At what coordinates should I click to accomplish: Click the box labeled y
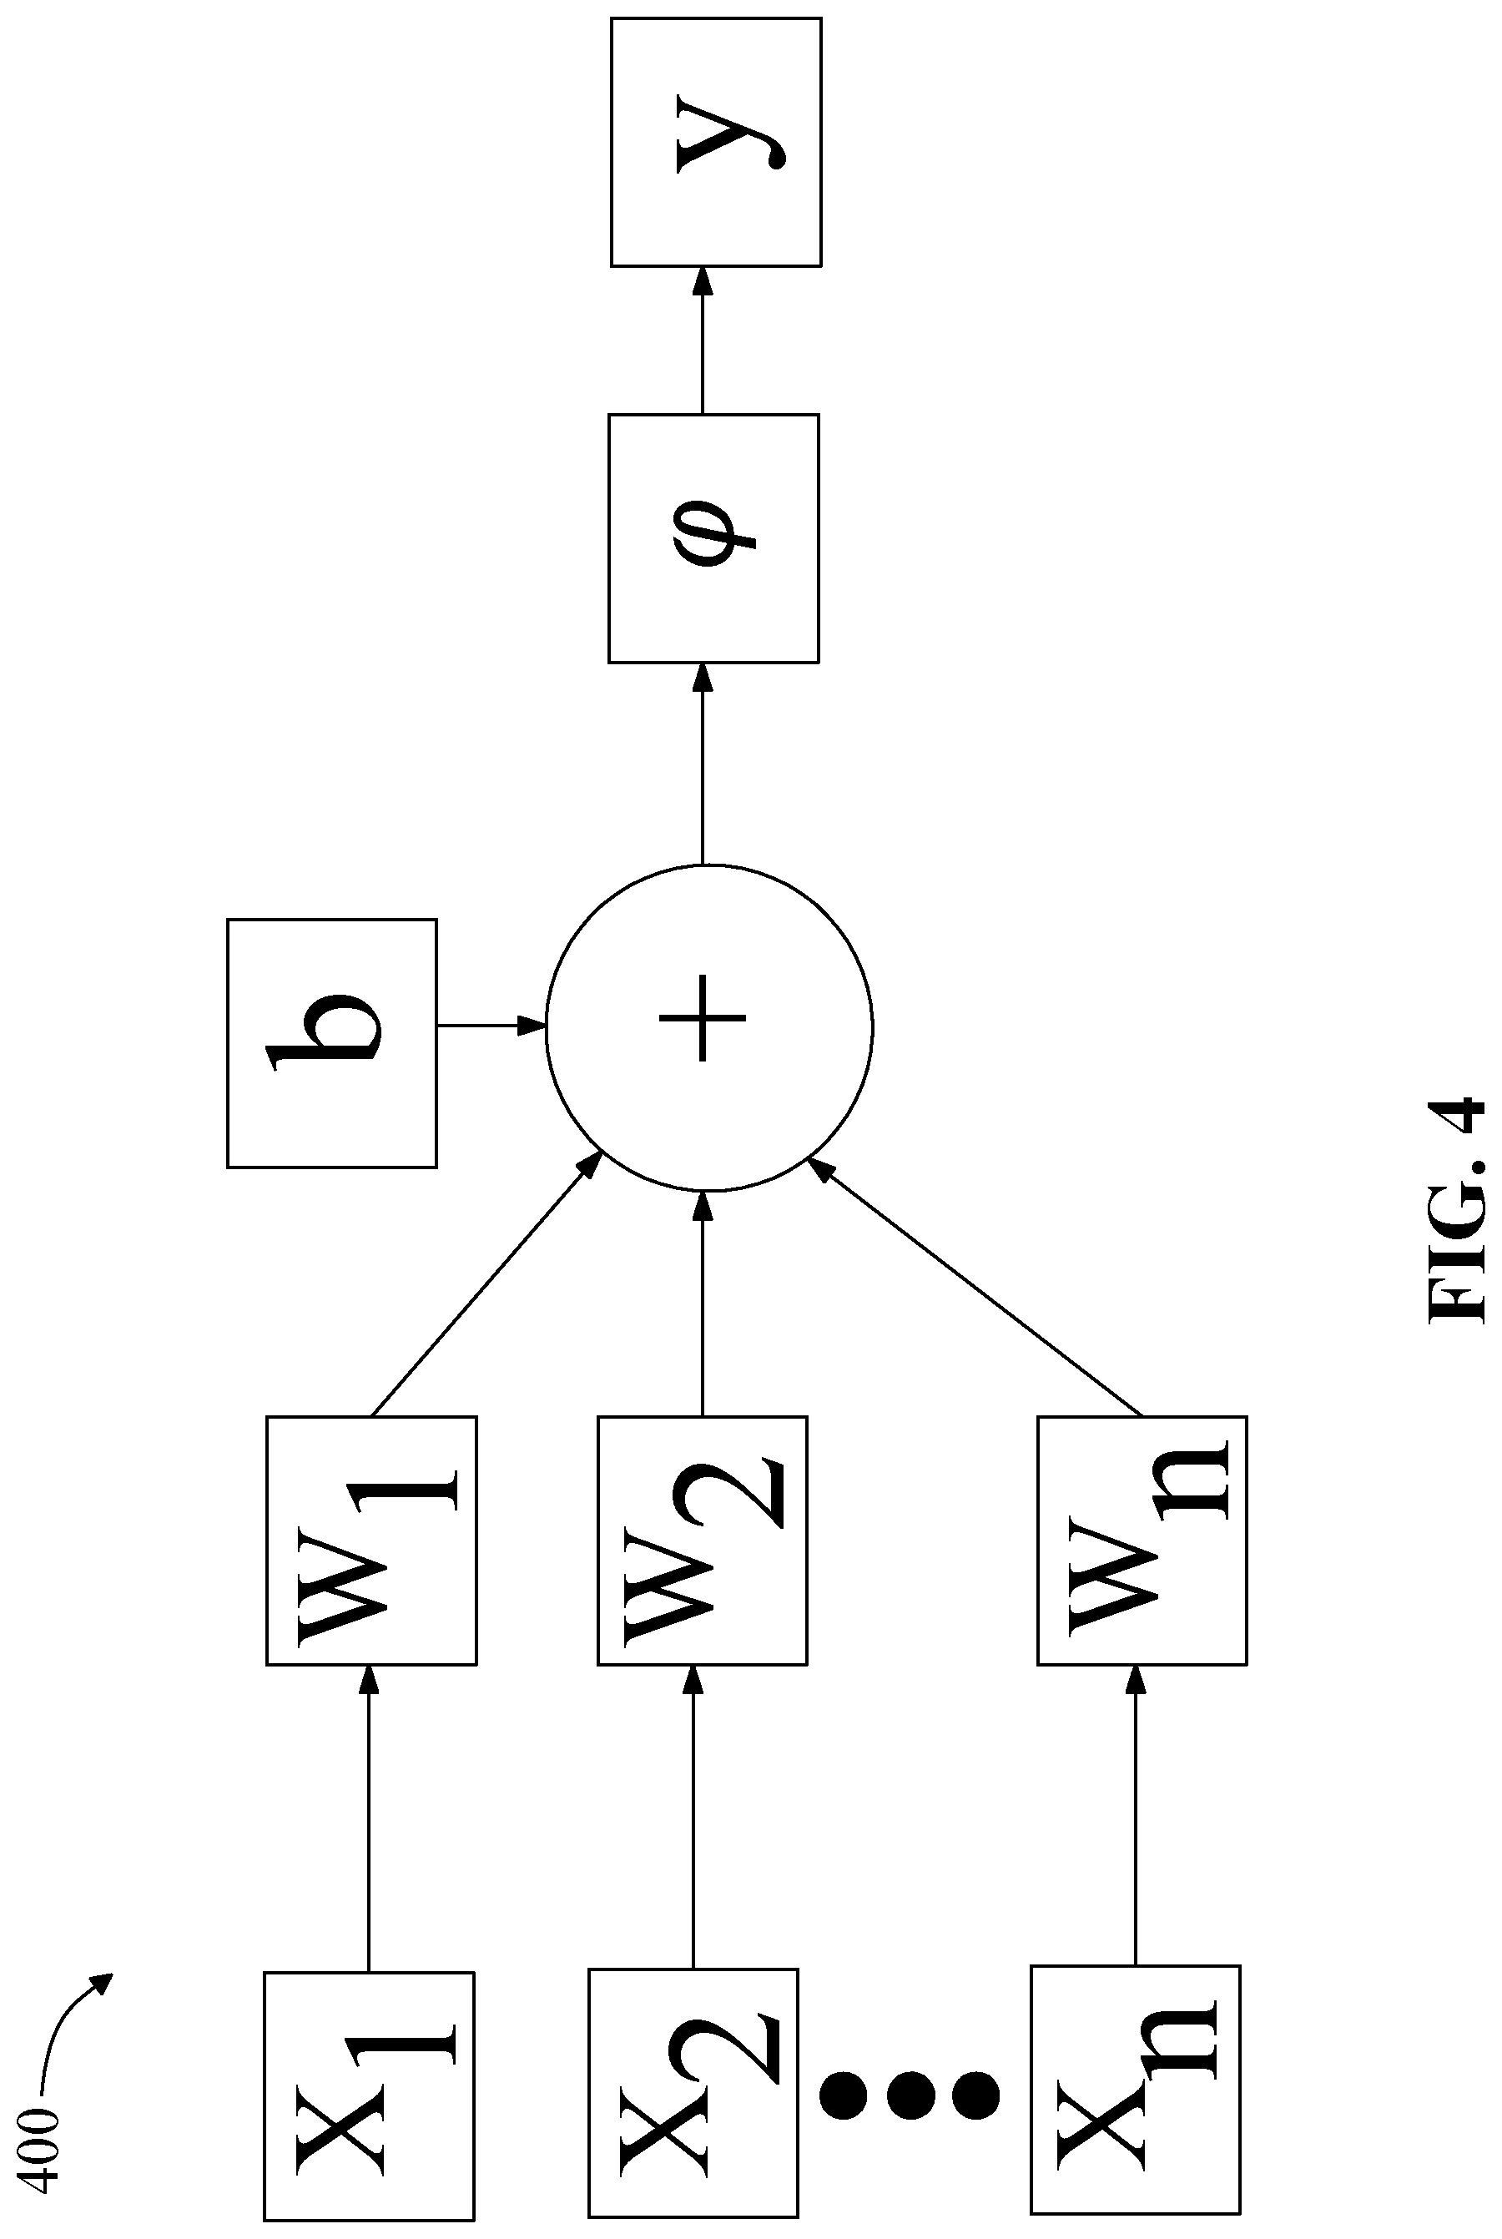point(716,142)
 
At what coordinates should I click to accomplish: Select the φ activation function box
point(713,538)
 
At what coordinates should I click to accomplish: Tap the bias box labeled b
point(332,1043)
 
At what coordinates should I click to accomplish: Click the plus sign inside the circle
point(703,1018)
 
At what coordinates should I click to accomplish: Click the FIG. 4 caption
point(1456,1211)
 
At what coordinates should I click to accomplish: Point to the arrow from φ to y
point(703,340)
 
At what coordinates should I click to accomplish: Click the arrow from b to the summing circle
point(491,1025)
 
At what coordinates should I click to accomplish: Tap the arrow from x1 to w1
point(370,1818)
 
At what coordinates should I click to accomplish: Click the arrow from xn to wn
point(1136,1816)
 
